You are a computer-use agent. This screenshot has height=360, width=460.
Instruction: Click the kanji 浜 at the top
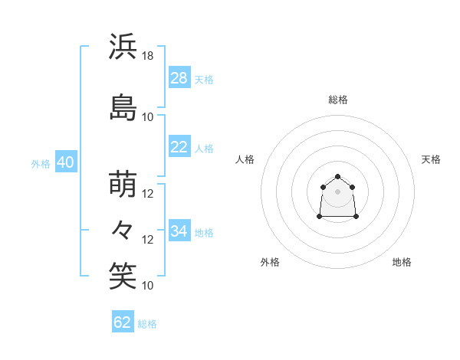[x=123, y=46]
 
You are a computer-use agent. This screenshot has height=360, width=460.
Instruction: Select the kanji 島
[x=123, y=107]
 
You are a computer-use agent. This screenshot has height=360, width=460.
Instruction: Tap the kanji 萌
[x=123, y=184]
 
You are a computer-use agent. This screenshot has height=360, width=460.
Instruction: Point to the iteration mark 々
[x=122, y=230]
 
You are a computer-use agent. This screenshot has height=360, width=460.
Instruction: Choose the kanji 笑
[x=123, y=276]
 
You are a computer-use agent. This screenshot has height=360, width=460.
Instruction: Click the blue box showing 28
[x=179, y=77]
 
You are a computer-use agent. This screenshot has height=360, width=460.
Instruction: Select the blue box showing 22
[x=179, y=146]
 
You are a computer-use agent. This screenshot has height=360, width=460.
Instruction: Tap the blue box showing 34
[x=179, y=230]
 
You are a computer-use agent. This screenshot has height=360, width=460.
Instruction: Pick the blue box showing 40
[x=66, y=162]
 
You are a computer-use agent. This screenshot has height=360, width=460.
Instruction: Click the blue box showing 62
[x=123, y=321]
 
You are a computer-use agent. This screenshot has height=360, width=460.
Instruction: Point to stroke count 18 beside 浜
[x=147, y=56]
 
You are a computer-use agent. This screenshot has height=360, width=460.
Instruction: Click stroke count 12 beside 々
[x=147, y=240]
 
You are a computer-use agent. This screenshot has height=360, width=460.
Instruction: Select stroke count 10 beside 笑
[x=147, y=286]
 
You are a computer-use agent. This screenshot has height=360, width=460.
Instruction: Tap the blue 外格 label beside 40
[x=41, y=164]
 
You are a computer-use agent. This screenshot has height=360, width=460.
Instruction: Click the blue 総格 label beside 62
[x=147, y=324]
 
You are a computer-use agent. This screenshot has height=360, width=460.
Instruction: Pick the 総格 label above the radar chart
[x=338, y=100]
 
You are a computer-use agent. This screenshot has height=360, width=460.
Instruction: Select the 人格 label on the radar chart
[x=245, y=159]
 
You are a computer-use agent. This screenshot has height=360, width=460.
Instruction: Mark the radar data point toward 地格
[x=356, y=217]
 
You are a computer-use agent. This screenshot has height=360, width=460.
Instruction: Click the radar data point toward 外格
[x=320, y=217]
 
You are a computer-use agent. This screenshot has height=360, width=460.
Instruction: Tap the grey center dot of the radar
[x=337, y=191]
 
